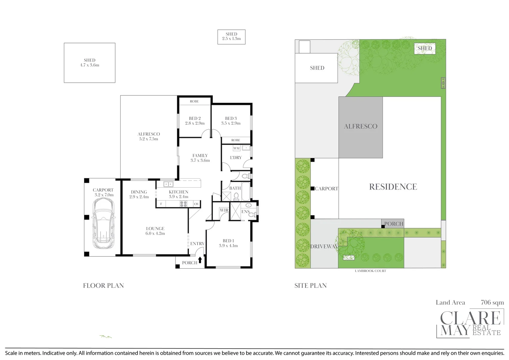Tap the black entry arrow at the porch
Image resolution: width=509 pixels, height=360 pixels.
coord(200,260)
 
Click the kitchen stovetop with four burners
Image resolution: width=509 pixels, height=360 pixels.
coord(184,204)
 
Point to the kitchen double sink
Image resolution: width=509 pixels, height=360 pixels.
coord(168,184)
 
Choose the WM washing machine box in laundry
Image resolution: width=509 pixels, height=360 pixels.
coord(236,148)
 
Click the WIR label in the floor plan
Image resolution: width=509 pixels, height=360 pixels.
coord(224,210)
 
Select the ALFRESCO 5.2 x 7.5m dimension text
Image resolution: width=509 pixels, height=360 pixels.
coord(149,139)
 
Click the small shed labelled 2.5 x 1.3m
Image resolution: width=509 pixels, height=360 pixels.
coord(231,37)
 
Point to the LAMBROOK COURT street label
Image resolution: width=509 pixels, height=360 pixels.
coord(370,271)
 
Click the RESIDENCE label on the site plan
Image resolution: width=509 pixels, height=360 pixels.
coord(393,187)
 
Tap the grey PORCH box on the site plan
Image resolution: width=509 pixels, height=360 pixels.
coord(393,224)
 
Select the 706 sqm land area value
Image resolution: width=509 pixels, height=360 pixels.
coord(492,302)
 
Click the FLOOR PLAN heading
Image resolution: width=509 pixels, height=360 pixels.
coord(103,286)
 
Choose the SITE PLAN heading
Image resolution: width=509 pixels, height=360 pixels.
coord(310,286)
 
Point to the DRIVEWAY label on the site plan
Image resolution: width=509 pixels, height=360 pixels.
coord(324,247)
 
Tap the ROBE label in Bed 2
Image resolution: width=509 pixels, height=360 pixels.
coord(194,101)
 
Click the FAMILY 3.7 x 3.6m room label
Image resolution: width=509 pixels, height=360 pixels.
coord(200,158)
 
